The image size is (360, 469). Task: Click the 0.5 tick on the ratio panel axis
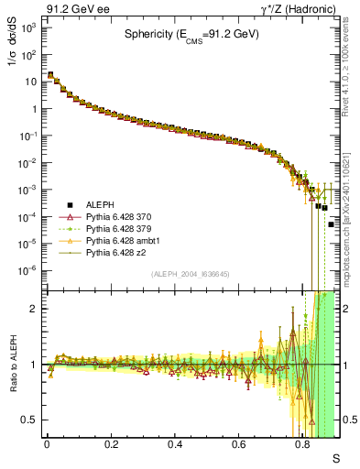(x=29, y=420)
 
